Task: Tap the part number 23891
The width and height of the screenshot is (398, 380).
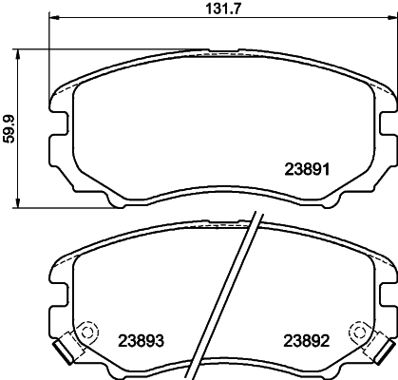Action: (x=307, y=171)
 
